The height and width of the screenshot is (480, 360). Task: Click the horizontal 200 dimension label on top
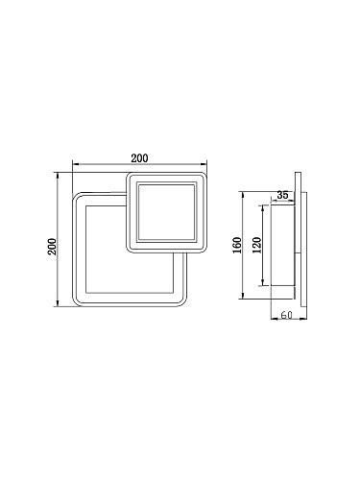139,158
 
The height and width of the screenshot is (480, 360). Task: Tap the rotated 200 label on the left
52,247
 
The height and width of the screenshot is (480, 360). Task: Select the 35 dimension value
282,195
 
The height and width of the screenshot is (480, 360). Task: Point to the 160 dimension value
237,245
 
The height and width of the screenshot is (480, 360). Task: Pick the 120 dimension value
257,245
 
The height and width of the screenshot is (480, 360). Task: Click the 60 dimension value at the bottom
287,315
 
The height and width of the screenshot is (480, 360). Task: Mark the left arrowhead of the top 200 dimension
76,164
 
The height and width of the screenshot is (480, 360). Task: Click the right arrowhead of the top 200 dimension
204,164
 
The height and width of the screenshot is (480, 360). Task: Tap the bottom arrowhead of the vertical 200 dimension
58,303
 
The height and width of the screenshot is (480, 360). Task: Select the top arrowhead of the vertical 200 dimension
58,176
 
